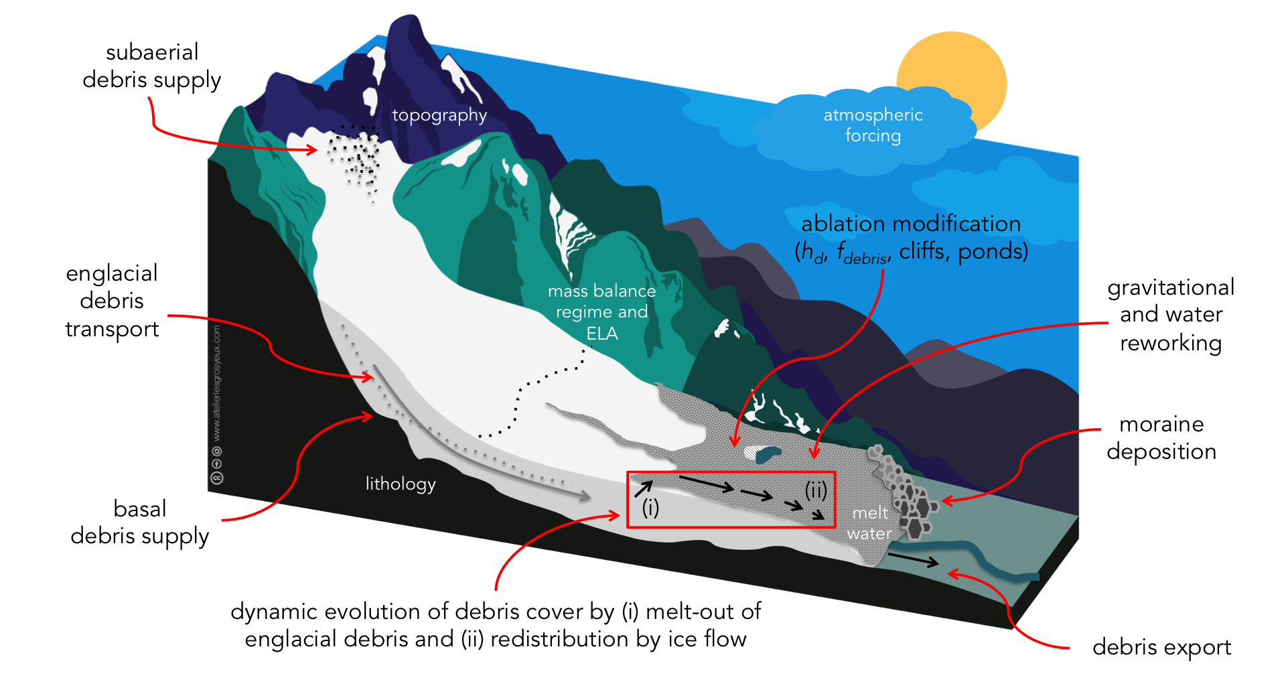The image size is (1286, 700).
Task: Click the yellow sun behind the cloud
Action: (964, 67)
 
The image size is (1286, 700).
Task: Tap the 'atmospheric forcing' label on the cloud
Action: (873, 125)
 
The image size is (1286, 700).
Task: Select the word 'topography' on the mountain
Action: (439, 115)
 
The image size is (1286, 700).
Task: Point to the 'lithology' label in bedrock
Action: (401, 484)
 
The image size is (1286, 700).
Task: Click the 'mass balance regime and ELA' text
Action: (601, 312)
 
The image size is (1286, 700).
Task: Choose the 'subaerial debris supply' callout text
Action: (152, 66)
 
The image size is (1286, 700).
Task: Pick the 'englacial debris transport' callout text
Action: (112, 301)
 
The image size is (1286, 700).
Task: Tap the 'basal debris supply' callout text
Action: (139, 522)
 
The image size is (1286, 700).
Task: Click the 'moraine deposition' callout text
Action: (1161, 437)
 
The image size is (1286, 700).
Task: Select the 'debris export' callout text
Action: (1161, 647)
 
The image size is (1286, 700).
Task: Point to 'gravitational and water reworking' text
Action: (1171, 315)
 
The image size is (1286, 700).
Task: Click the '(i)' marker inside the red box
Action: (650, 508)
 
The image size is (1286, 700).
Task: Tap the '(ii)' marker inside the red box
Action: (816, 490)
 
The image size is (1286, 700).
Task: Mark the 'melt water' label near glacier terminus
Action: (869, 523)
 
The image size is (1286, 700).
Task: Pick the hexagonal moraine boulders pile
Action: (904, 492)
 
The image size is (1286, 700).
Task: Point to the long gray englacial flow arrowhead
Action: (585, 496)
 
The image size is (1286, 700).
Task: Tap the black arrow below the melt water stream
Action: (914, 559)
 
